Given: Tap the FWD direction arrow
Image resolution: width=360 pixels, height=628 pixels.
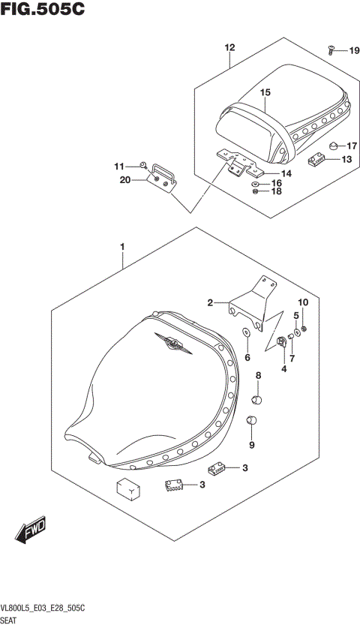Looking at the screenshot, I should click(x=29, y=532).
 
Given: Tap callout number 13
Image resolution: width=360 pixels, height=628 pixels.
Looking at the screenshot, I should click(x=346, y=159).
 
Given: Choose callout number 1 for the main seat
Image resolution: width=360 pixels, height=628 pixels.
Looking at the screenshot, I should click(x=122, y=245).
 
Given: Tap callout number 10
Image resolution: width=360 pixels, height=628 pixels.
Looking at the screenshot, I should click(x=304, y=302).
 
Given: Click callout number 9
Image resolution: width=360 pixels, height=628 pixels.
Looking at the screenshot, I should click(x=252, y=445).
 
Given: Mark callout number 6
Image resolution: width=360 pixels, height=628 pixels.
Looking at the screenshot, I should click(x=247, y=358).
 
